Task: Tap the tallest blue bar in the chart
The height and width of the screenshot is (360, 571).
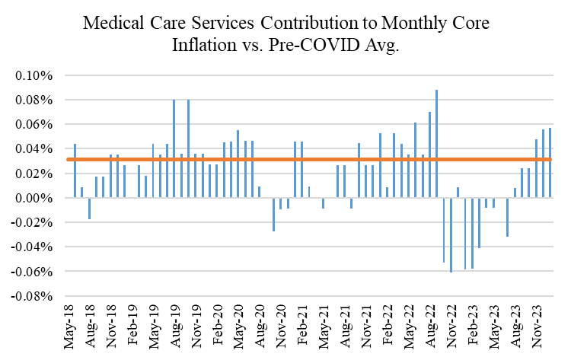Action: (436, 144)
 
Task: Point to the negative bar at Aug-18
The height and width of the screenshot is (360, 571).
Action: (89, 209)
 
